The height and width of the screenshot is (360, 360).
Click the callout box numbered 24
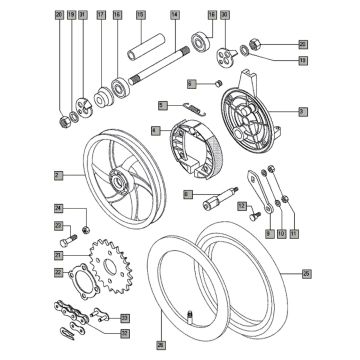[x=59, y=208]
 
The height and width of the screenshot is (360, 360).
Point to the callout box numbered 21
[x=59, y=255]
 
